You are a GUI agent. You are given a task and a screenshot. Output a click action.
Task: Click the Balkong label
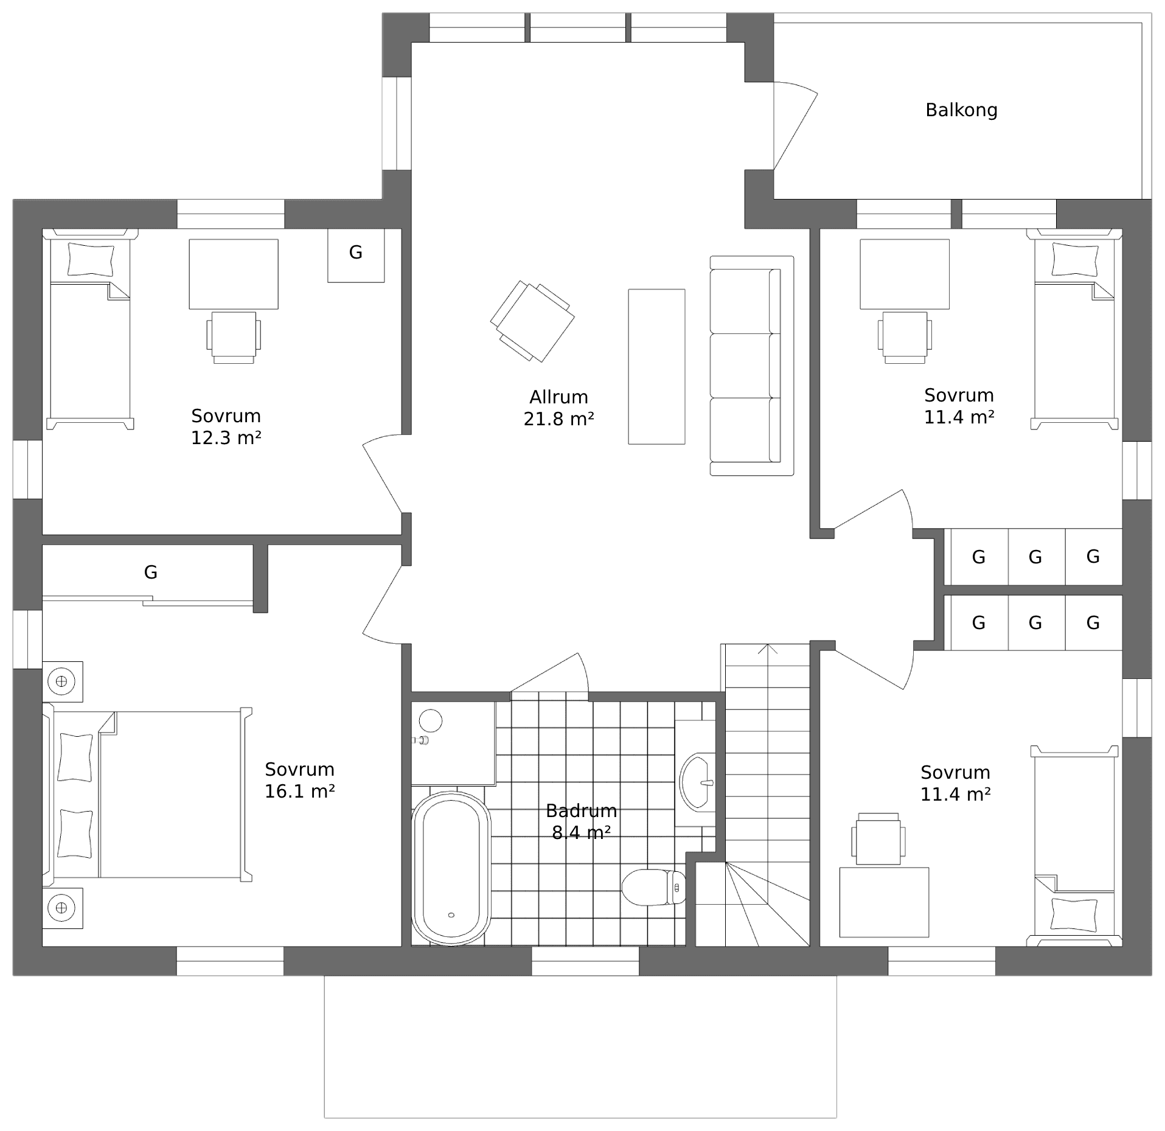961,110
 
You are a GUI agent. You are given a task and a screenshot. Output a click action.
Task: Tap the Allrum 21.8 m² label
558,408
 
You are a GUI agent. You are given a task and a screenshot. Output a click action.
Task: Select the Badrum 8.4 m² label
581,822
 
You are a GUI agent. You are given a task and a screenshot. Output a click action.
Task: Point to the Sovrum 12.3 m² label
226,426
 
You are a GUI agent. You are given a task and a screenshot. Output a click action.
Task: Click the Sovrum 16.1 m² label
299,780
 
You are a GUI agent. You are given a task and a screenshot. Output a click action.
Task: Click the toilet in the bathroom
653,887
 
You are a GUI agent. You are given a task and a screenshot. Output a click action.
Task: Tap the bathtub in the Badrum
451,868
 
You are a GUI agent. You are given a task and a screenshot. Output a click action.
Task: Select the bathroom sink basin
697,782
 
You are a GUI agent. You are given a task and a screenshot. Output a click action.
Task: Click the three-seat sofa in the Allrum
752,366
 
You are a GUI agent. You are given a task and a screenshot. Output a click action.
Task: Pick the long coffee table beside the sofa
656,366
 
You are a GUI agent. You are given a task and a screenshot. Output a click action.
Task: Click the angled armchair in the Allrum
532,321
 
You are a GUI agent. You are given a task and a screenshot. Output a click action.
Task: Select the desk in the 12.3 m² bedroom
234,274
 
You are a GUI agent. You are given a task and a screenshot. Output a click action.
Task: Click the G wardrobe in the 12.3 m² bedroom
356,255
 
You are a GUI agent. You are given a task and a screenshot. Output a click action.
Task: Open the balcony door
795,125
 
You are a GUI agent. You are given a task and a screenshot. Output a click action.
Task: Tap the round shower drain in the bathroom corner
431,720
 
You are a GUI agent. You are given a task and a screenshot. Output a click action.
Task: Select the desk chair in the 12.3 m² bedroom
234,338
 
